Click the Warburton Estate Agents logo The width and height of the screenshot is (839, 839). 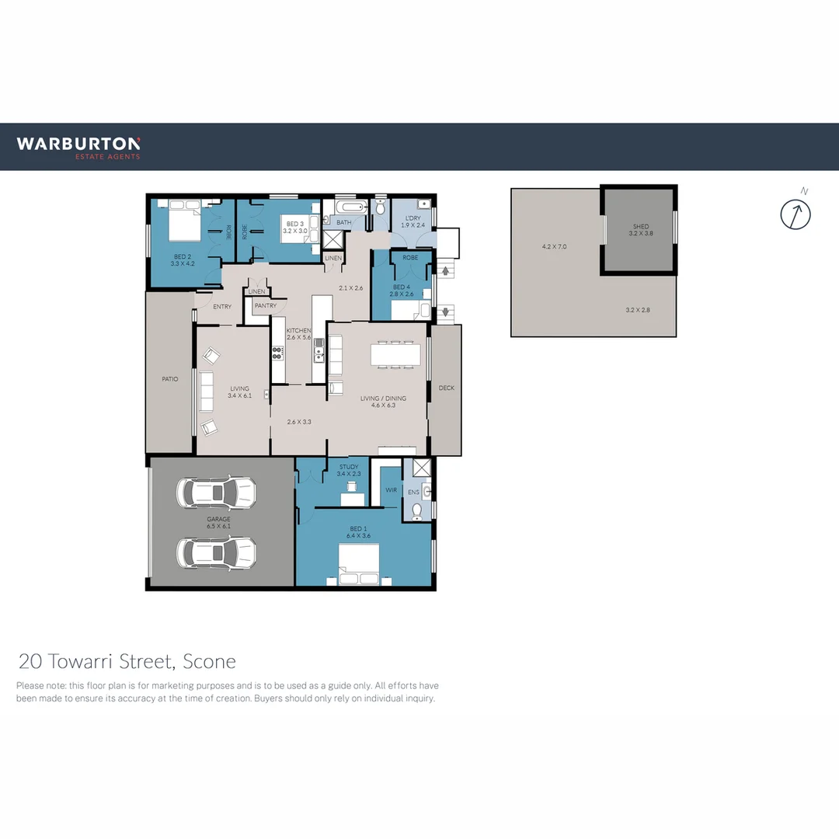(78, 147)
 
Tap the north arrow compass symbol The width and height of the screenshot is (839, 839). (795, 214)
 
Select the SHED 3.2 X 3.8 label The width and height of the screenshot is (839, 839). (640, 230)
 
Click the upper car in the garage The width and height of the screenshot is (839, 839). (216, 492)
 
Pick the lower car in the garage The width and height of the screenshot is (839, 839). (216, 552)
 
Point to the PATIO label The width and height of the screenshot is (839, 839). (169, 379)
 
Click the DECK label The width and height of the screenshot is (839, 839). (446, 388)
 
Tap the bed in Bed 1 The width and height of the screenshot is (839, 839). (359, 562)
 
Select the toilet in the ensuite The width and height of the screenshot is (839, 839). (417, 510)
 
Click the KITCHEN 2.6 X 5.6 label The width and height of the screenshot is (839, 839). (298, 334)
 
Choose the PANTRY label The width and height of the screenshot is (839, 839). (265, 305)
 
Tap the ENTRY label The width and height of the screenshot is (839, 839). (222, 306)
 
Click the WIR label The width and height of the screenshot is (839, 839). (392, 490)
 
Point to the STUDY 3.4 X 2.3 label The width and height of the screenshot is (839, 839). (350, 470)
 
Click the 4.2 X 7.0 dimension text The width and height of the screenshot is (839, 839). (554, 246)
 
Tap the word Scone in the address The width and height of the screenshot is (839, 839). (209, 662)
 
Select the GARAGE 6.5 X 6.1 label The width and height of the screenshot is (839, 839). (218, 521)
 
